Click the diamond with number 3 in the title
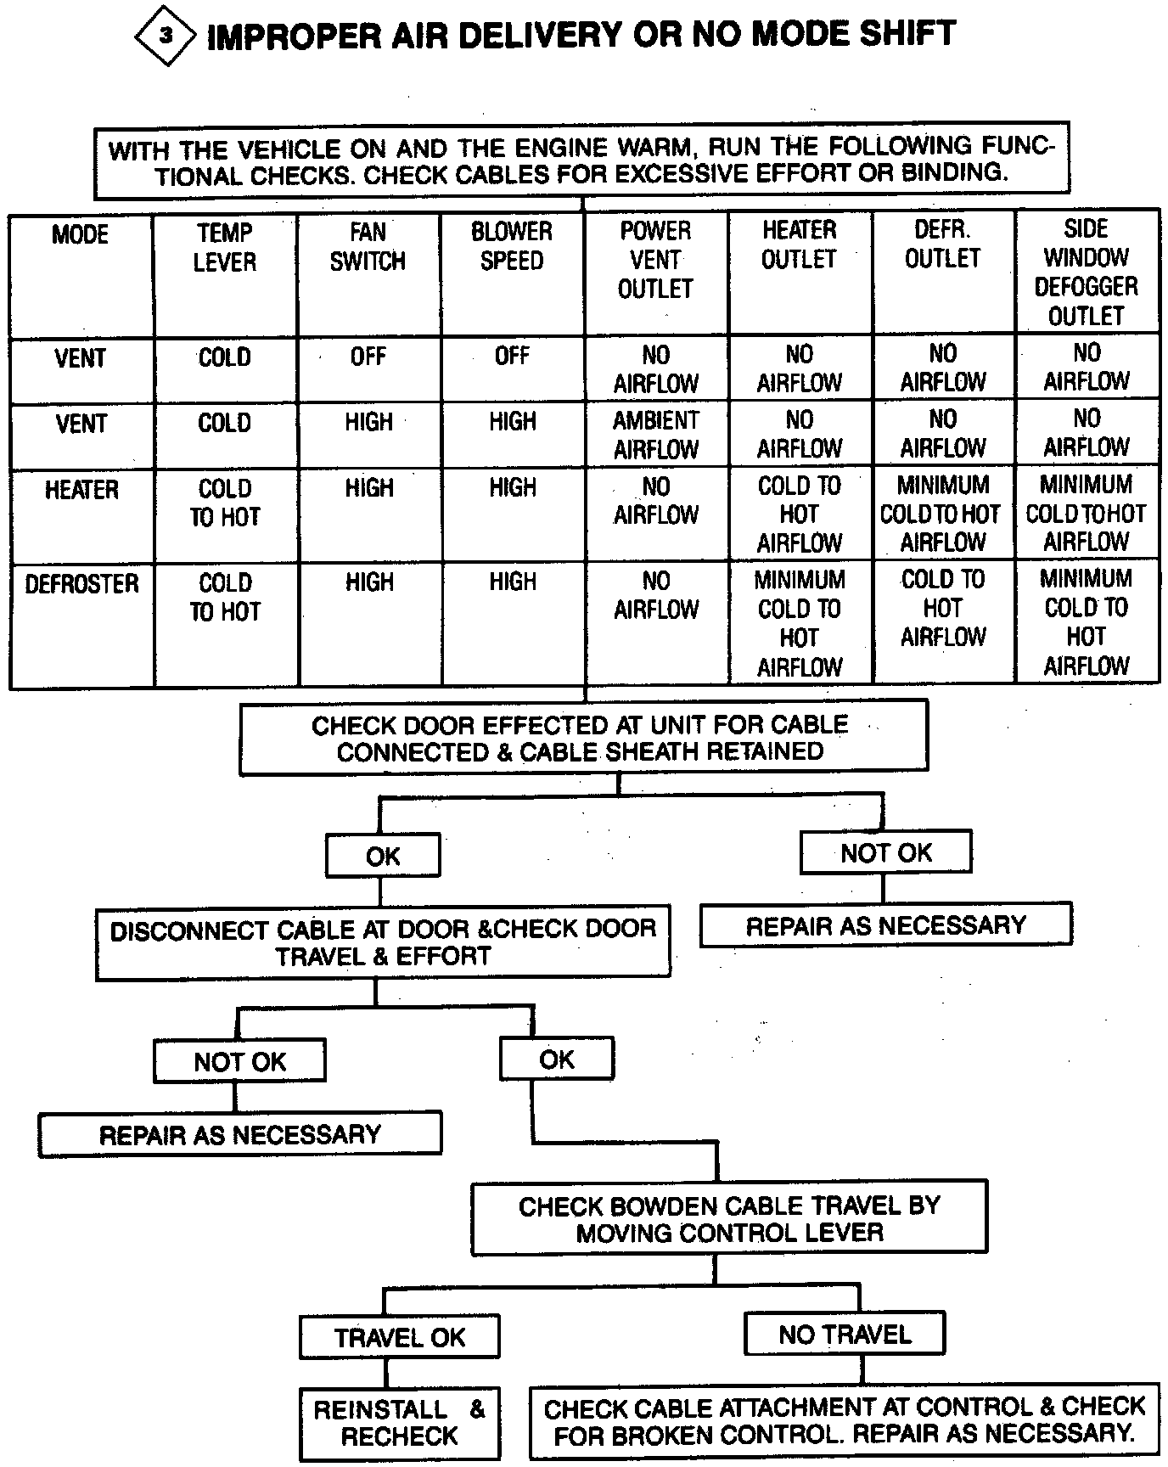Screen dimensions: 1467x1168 166,36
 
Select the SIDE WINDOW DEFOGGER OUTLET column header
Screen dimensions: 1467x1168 1087,272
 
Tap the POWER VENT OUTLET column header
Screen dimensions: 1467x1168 655,260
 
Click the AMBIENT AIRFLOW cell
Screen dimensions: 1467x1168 655,434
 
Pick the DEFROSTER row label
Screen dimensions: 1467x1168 81,584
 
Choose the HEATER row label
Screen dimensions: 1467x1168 81,490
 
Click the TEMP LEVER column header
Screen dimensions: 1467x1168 225,247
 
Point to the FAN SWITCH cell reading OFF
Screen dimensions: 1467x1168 368,357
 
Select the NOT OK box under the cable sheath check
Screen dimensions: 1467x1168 885,853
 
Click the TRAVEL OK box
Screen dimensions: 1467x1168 399,1338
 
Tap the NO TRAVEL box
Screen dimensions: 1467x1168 845,1335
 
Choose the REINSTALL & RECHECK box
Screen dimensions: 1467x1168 399,1423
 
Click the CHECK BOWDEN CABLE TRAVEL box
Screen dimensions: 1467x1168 729,1218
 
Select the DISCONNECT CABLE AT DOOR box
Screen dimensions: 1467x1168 383,942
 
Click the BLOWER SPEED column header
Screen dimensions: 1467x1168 512,246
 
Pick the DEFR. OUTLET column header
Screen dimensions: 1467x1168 943,244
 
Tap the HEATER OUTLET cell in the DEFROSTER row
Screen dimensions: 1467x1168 800,623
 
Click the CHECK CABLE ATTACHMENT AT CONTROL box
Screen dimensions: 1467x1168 844,1421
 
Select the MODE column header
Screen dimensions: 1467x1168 81,234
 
